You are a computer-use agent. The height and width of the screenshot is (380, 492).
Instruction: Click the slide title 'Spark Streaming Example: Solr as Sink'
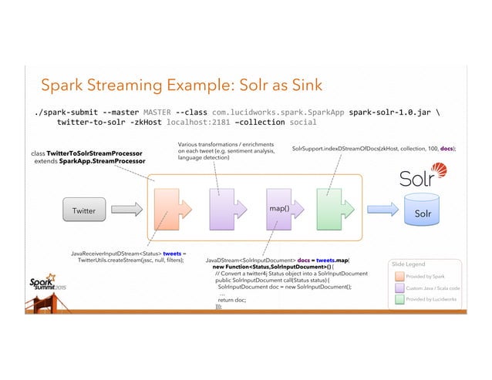(180, 84)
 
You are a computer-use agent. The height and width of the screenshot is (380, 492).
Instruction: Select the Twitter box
(83, 210)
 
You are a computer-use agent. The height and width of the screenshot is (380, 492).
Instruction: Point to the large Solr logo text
(422, 177)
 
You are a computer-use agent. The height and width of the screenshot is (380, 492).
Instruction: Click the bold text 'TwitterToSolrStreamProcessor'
(95, 153)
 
